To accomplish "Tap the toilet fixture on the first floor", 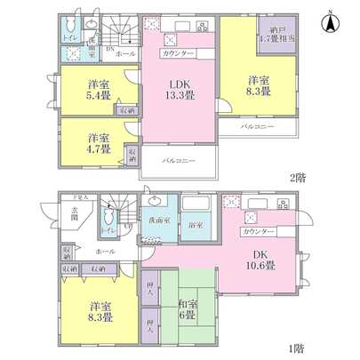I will pyautogui.click(x=110, y=216).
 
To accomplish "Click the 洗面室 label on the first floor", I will pyautogui.click(x=158, y=218).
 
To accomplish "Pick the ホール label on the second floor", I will pyautogui.click(x=125, y=54).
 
